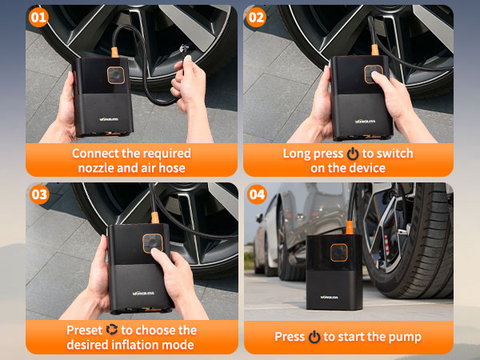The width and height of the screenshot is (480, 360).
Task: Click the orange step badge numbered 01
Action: point(38,17)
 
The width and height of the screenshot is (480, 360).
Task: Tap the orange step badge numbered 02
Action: point(256,17)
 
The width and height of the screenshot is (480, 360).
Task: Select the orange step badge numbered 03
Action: point(39,194)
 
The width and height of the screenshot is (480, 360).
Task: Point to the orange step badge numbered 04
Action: point(257,194)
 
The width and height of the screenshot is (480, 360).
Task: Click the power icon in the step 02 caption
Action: point(353,154)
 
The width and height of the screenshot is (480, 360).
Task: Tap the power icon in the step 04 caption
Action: point(314,337)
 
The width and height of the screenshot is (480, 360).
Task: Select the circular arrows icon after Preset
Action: point(112,330)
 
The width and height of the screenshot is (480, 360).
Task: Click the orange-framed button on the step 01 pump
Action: point(116,75)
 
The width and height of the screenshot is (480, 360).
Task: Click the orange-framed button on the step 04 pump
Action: point(339,253)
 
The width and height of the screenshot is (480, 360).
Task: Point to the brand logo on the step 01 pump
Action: point(109,119)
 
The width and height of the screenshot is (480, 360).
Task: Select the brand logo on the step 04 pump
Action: point(329,297)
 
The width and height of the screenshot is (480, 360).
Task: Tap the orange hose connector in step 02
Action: point(374,50)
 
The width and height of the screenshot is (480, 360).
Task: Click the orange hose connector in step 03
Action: point(155,218)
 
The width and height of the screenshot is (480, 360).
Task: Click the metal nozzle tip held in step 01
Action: point(184,48)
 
